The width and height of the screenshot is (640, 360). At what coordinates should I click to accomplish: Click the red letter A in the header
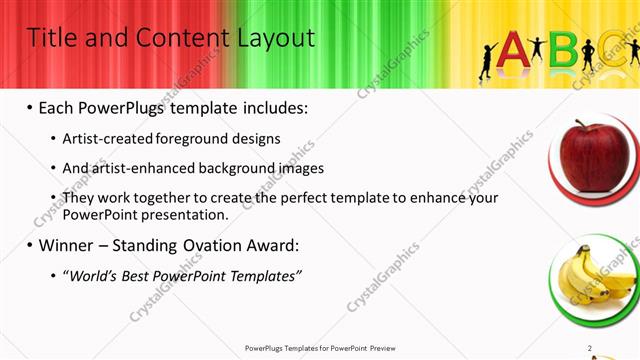[x=513, y=49]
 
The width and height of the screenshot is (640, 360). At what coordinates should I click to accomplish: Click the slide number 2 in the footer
[x=590, y=348]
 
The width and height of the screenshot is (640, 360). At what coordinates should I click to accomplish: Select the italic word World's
[x=93, y=276]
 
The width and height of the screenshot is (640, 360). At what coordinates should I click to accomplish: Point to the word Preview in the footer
[x=389, y=348]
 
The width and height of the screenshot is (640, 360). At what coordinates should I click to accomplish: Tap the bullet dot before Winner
[x=30, y=246]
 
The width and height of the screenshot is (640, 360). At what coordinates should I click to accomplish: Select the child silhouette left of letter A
[x=487, y=60]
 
